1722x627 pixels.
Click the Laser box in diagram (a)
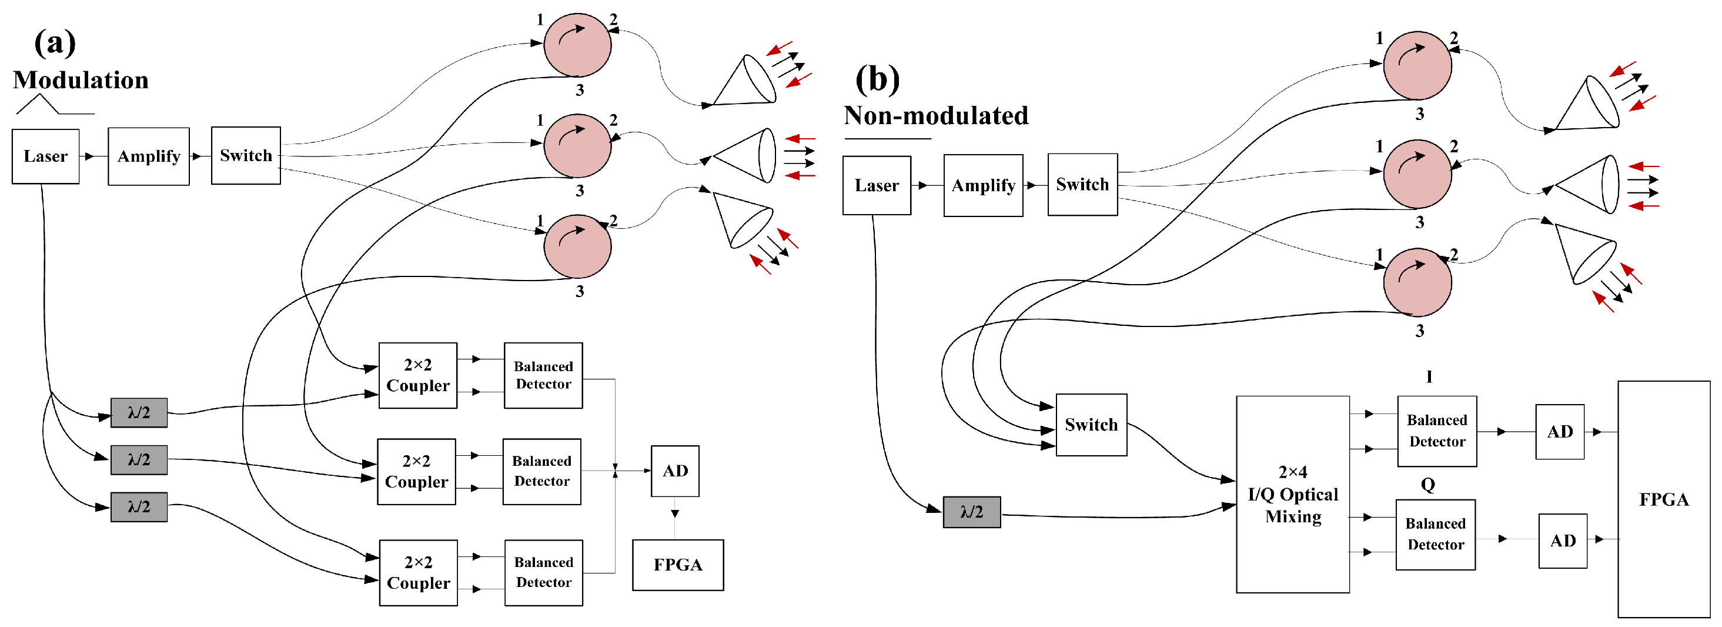click(x=45, y=156)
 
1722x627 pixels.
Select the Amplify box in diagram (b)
click(x=982, y=185)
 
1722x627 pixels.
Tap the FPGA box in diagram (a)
click(x=677, y=565)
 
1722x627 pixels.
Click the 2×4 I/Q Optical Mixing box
click(x=1292, y=494)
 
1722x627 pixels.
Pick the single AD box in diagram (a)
click(x=674, y=471)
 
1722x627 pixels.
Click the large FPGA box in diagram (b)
click(x=1663, y=499)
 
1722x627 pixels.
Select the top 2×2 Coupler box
click(x=418, y=375)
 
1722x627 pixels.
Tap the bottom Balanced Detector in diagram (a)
click(x=543, y=572)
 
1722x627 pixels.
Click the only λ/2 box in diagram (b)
click(x=971, y=512)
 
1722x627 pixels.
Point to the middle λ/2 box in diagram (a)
click(x=138, y=460)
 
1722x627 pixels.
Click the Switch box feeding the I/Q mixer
click(x=1091, y=425)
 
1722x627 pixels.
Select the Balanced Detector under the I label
click(x=1436, y=431)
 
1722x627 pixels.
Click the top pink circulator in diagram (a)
click(x=577, y=45)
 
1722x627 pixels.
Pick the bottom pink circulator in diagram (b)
click(x=1416, y=282)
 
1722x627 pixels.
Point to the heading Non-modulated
click(x=935, y=116)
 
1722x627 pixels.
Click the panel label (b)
click(x=877, y=79)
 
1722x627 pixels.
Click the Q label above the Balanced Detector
click(x=1427, y=484)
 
